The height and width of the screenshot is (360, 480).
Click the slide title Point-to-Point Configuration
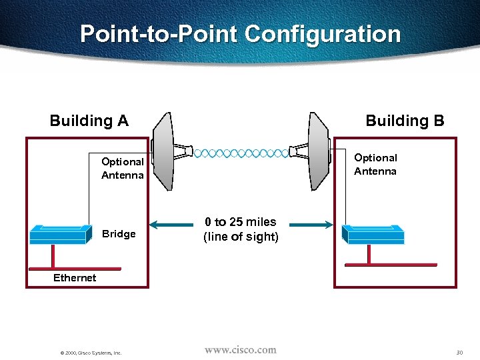240,34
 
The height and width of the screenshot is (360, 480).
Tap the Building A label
89,121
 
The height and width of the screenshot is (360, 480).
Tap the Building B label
405,121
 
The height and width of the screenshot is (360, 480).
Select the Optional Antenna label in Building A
122,169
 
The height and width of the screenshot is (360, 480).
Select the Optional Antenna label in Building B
375,165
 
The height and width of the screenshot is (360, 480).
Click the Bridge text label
119,234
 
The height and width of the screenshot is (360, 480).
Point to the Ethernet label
75,278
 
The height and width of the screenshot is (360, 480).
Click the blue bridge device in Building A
60,234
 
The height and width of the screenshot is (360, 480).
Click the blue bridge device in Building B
373,233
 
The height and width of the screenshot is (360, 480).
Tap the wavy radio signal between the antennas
241,153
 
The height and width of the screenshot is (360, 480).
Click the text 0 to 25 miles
241,222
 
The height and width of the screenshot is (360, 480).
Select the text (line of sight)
241,237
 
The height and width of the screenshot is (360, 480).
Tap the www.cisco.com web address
240,349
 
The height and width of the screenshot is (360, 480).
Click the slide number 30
459,352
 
